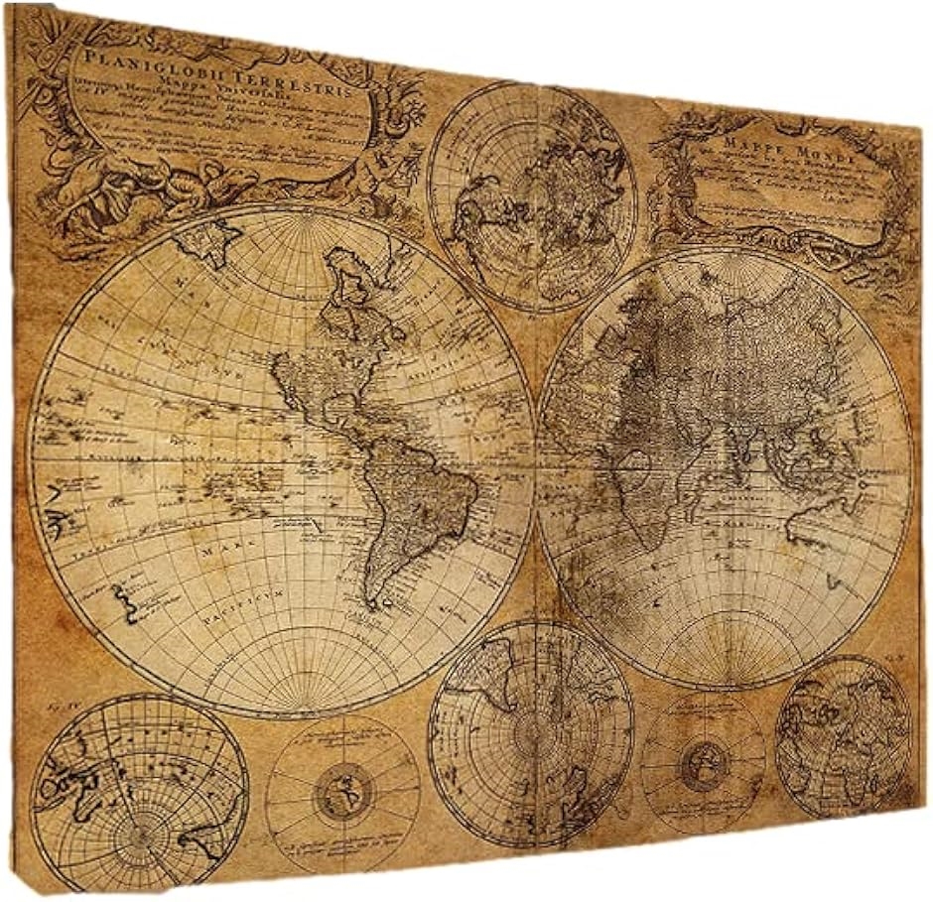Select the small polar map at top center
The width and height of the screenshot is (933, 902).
point(531,196)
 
